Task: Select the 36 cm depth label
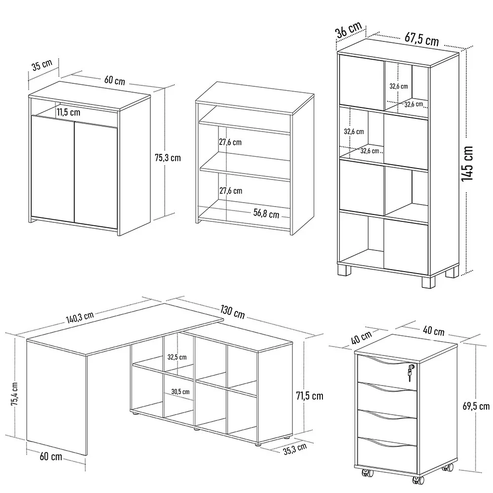coord(349,31)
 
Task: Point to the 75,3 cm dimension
coord(168,158)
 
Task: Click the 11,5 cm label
coord(68,112)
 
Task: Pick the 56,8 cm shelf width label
coord(266,214)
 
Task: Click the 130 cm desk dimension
coord(232,313)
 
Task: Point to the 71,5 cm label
coord(310,395)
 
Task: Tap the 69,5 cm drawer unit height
coord(477,406)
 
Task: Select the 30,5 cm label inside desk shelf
coord(180,391)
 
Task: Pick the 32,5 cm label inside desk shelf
coord(176,357)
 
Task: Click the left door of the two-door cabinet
coord(52,168)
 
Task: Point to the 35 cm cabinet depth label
coord(41,66)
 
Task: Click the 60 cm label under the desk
coord(50,457)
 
